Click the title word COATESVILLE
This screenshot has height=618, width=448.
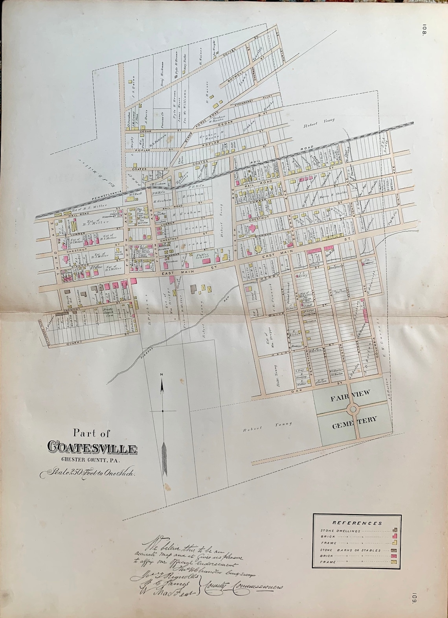92,448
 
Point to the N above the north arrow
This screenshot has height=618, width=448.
162,375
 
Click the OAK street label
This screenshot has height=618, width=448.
298,392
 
